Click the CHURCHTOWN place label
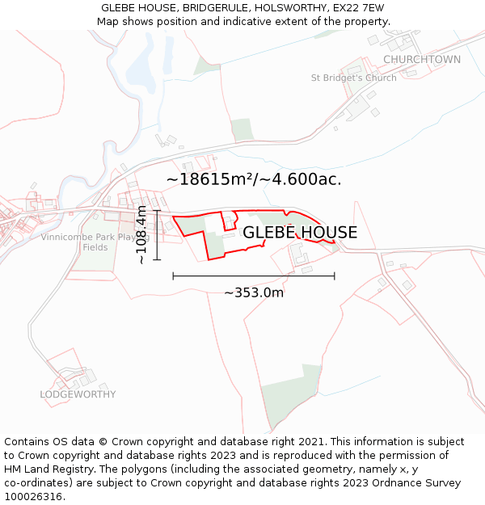click(422, 60)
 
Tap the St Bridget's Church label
click(354, 78)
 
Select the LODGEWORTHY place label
click(78, 394)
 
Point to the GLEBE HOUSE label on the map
click(300, 233)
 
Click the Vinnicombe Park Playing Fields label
click(95, 242)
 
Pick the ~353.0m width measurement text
click(254, 292)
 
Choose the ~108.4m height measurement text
click(142, 235)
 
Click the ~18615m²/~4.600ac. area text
click(254, 179)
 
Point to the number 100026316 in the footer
click(32, 497)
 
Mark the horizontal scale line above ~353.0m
click(254, 276)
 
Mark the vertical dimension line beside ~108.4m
click(158, 235)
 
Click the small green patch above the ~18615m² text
click(242, 129)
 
